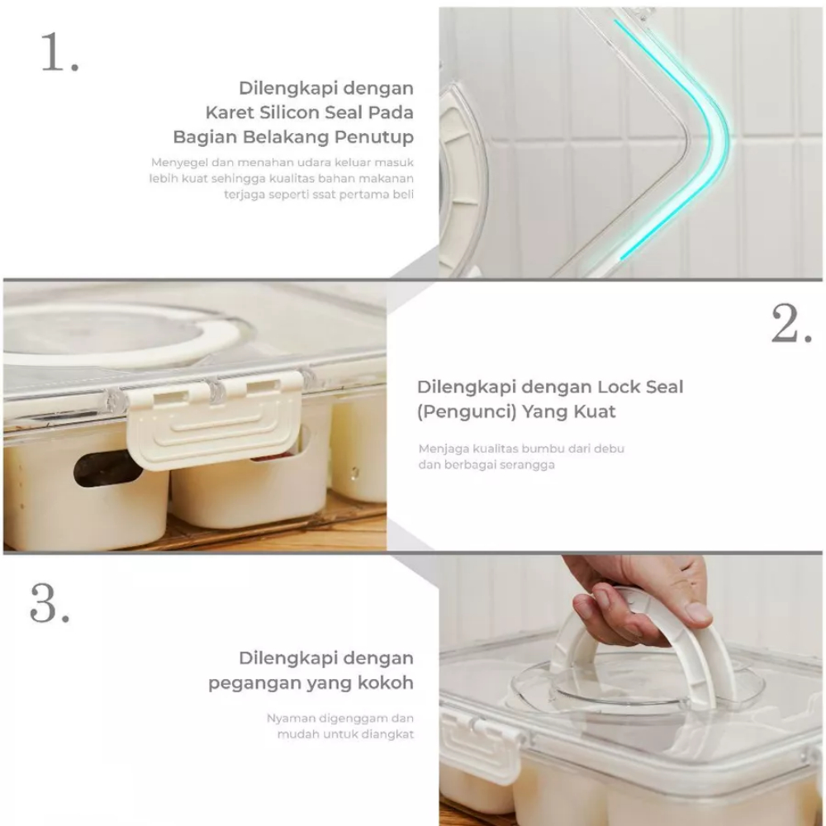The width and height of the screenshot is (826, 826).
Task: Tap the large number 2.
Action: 792,324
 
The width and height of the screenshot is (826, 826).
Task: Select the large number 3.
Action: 50,602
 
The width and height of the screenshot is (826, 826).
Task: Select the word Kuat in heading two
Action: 595,411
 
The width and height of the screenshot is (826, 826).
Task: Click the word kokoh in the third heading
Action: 386,683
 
